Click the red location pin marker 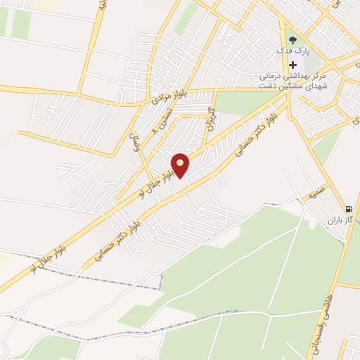pyautogui.click(x=181, y=165)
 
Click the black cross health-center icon pyautogui.click(x=292, y=65)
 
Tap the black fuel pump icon pyautogui.click(x=348, y=209)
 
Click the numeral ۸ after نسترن pyautogui.click(x=155, y=131)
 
